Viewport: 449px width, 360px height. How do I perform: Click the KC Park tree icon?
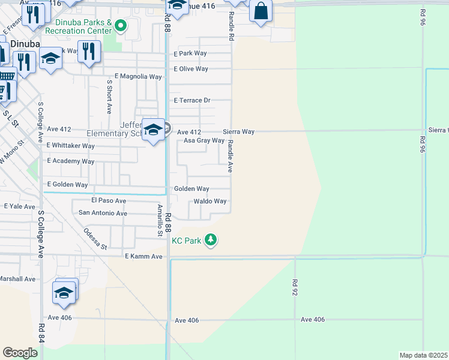210,240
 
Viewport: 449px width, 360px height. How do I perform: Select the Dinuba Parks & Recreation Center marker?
121,25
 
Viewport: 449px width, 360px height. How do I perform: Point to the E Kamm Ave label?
143,256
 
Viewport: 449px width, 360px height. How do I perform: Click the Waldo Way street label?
209,202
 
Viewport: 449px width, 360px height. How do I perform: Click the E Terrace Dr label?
192,100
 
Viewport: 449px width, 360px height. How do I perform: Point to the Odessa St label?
95,239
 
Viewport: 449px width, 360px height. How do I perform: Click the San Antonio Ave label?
103,213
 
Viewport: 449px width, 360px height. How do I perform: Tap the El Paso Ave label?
109,200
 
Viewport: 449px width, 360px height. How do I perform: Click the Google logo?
20,352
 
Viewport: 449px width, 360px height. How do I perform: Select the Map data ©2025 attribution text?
424,355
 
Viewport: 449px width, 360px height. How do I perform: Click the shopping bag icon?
261,11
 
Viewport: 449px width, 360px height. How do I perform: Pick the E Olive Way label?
191,69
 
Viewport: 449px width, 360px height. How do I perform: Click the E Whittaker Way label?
70,146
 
